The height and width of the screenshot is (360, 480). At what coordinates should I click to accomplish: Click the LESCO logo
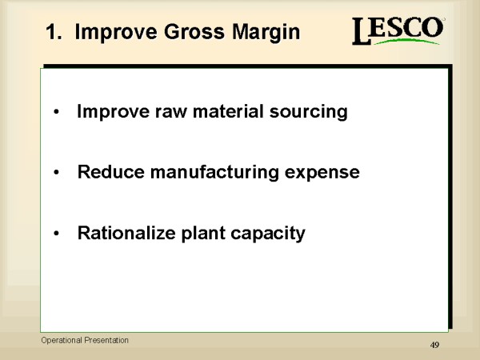pos(398,30)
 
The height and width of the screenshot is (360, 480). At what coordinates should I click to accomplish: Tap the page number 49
pos(434,345)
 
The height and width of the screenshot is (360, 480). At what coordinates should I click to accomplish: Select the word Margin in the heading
pos(266,33)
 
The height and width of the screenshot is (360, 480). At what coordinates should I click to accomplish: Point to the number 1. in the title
pos(54,32)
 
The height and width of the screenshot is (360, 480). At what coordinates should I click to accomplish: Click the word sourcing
pos(308,112)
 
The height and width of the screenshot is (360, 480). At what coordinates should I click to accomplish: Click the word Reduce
pos(111,172)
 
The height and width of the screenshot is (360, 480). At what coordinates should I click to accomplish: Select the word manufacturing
pos(214,173)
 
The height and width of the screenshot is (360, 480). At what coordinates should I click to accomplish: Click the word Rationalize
pos(126,233)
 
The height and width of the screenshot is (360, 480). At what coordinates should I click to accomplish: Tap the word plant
pos(203,234)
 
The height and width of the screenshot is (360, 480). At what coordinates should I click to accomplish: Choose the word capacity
pos(268,234)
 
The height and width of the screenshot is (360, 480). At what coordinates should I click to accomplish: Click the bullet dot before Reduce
pos(56,173)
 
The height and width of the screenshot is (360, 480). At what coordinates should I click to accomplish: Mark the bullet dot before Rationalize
pos(56,234)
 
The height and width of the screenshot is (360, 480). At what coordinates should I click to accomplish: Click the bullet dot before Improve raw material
pos(56,112)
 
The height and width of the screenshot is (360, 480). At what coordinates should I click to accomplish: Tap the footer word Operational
pos(62,341)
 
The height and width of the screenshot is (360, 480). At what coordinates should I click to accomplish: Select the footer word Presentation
pos(106,340)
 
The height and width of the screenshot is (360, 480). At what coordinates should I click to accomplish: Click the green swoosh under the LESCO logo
pos(406,41)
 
